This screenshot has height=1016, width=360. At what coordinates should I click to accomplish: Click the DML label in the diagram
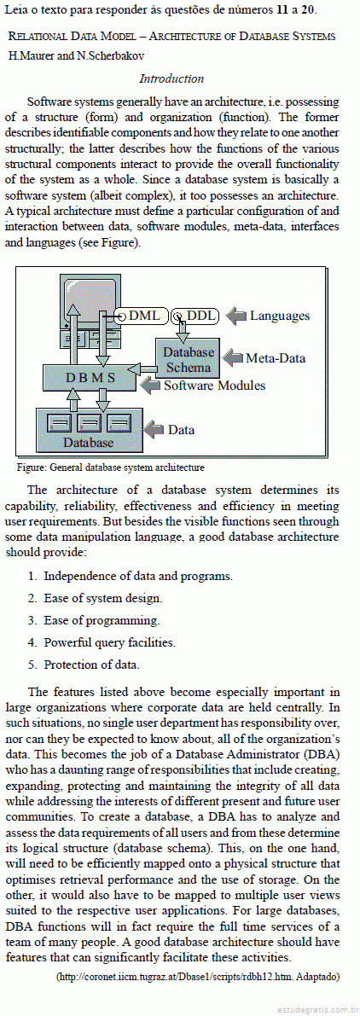click(x=143, y=316)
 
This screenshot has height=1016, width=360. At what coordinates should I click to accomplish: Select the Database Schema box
click(x=188, y=360)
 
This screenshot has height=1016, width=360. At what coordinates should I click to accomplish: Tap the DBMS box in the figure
click(x=90, y=378)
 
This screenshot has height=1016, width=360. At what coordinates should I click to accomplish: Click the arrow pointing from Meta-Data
click(x=232, y=358)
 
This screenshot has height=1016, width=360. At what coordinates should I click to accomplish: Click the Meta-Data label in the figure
click(x=276, y=358)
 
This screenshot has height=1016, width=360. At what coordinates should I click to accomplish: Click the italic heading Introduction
click(x=171, y=79)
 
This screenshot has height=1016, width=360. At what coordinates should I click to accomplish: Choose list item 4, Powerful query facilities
click(x=102, y=642)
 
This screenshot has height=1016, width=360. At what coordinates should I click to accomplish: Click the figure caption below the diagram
click(x=110, y=467)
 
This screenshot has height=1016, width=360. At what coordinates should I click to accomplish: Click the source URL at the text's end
click(x=197, y=977)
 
